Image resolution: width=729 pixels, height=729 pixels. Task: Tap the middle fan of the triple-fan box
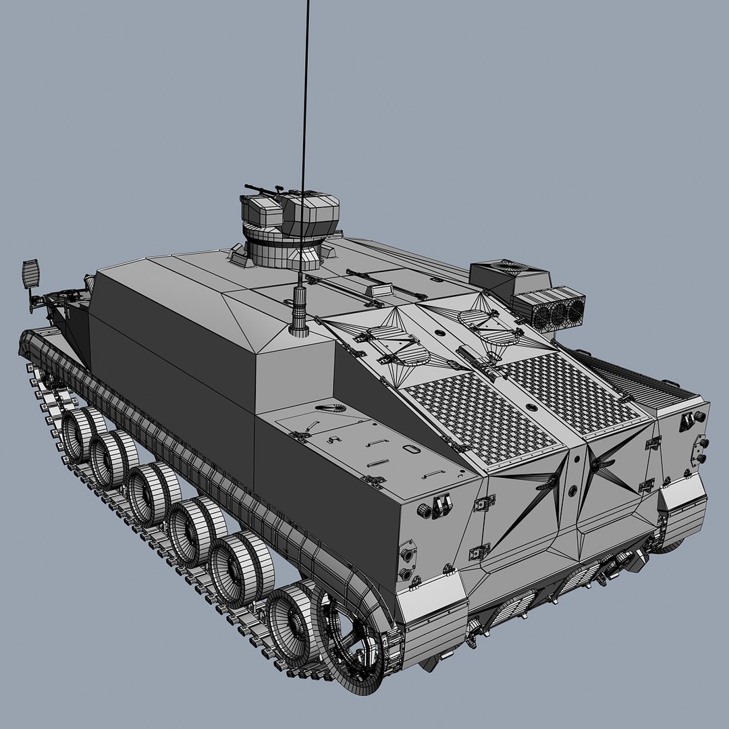[x=559, y=313]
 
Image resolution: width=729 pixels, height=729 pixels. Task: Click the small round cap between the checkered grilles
[x=532, y=407]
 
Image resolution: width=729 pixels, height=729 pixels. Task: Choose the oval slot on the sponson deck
[x=409, y=448]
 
